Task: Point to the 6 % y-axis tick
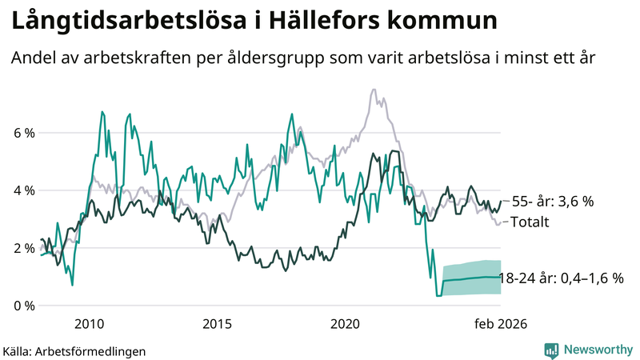[22, 133]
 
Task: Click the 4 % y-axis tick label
[22, 190]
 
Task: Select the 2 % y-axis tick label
[22, 248]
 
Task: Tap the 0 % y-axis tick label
[22, 306]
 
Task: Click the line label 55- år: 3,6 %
[552, 202]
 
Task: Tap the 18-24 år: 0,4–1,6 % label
[560, 278]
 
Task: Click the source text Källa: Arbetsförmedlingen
[74, 350]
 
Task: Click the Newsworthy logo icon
[552, 350]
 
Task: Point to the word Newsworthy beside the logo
[598, 350]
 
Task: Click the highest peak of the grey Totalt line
[374, 90]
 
